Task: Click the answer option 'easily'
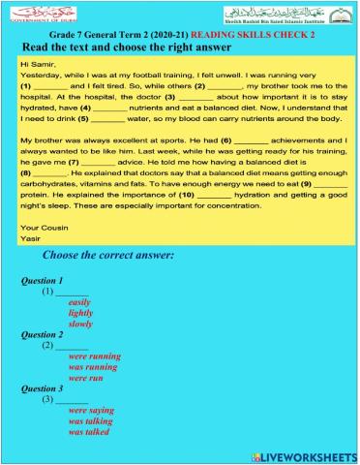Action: (79, 302)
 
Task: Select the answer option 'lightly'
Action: (80, 313)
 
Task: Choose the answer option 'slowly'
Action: (80, 324)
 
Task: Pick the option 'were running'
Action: (94, 356)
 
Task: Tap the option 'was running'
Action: (93, 367)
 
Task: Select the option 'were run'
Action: (86, 378)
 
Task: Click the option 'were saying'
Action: (91, 411)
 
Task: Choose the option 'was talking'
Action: (90, 421)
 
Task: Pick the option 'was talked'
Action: (88, 432)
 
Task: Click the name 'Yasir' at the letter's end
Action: (31, 237)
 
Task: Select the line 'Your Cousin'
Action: (42, 227)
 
